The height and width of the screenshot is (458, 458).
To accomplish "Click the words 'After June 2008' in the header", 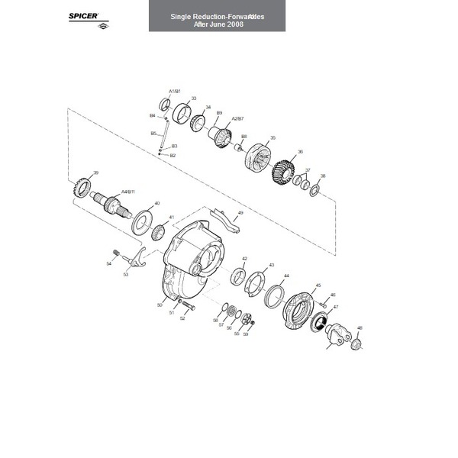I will click(x=217, y=24).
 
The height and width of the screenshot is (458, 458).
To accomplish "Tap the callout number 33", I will click(x=194, y=98).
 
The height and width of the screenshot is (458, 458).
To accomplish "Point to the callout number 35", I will click(x=273, y=138).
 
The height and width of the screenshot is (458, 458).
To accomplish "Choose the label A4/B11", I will click(x=127, y=192).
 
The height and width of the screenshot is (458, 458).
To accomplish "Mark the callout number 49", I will click(x=240, y=213).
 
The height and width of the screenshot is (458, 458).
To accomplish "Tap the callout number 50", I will click(x=160, y=305).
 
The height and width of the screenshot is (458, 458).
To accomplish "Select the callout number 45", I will click(x=318, y=285).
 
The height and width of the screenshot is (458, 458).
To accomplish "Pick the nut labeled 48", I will click(x=356, y=344).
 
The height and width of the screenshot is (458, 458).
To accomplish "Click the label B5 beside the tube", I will click(x=153, y=133).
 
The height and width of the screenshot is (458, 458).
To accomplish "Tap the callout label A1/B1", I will click(x=174, y=91).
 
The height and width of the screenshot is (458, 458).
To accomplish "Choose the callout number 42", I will click(x=244, y=259).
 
